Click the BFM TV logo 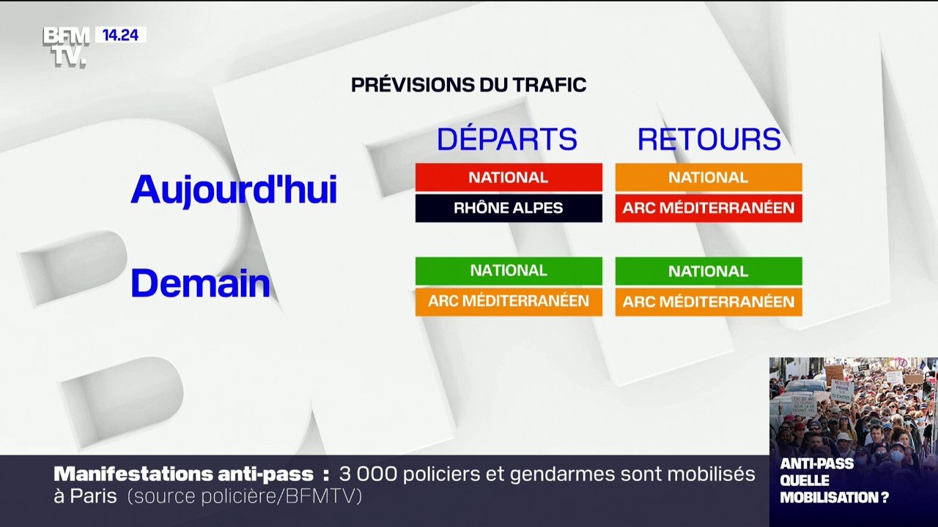click(66, 46)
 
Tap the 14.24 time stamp click(120, 34)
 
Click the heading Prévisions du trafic click(468, 85)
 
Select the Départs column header click(507, 139)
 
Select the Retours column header click(709, 139)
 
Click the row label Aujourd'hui click(234, 190)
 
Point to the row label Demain click(200, 284)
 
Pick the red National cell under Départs click(509, 177)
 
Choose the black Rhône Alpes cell click(509, 208)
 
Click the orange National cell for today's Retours click(709, 177)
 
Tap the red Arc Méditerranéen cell click(709, 208)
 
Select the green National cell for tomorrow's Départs click(509, 271)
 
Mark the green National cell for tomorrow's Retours click(709, 271)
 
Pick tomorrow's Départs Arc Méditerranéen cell click(509, 302)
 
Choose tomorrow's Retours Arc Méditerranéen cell click(709, 302)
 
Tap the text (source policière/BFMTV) click(245, 496)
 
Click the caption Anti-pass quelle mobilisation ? click(834, 480)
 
